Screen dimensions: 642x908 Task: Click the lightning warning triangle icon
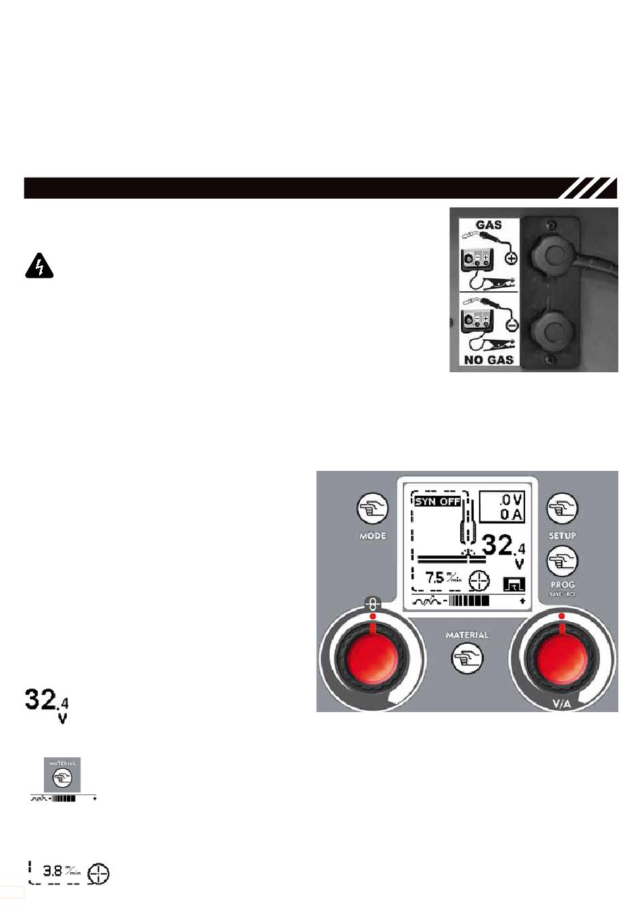point(39,267)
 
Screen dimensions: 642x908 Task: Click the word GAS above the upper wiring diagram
point(488,224)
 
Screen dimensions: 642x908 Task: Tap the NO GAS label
point(489,360)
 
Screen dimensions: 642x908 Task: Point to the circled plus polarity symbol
point(511,258)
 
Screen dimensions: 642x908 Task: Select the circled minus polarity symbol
point(511,325)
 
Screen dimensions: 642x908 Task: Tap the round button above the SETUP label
point(562,508)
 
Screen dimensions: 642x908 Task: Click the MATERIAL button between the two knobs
point(467,657)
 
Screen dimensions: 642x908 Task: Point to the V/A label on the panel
point(562,704)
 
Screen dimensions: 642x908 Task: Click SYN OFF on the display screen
point(437,501)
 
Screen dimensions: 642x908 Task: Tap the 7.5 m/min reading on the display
point(443,578)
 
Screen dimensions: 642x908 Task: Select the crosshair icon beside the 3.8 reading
point(99,873)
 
